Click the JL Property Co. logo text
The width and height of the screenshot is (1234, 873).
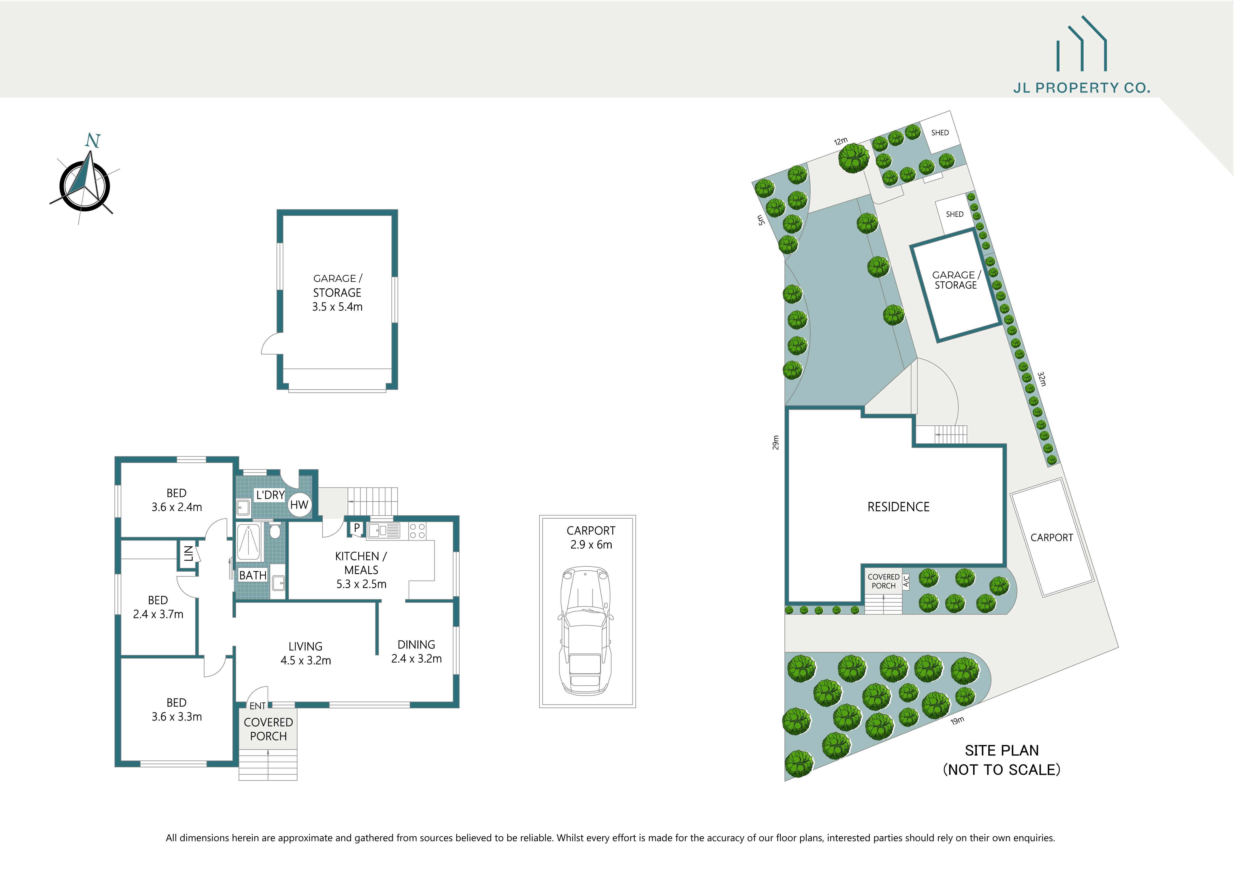tap(1081, 88)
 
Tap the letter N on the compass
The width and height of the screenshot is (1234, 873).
tap(92, 141)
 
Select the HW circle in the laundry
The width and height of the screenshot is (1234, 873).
tap(299, 505)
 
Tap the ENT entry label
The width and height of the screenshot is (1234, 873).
tap(257, 706)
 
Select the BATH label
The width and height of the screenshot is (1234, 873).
tap(253, 575)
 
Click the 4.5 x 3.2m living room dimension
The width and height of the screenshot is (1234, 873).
tap(305, 661)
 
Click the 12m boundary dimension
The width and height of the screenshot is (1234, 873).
tap(841, 141)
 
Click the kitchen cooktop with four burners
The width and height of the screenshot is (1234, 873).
tap(418, 531)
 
